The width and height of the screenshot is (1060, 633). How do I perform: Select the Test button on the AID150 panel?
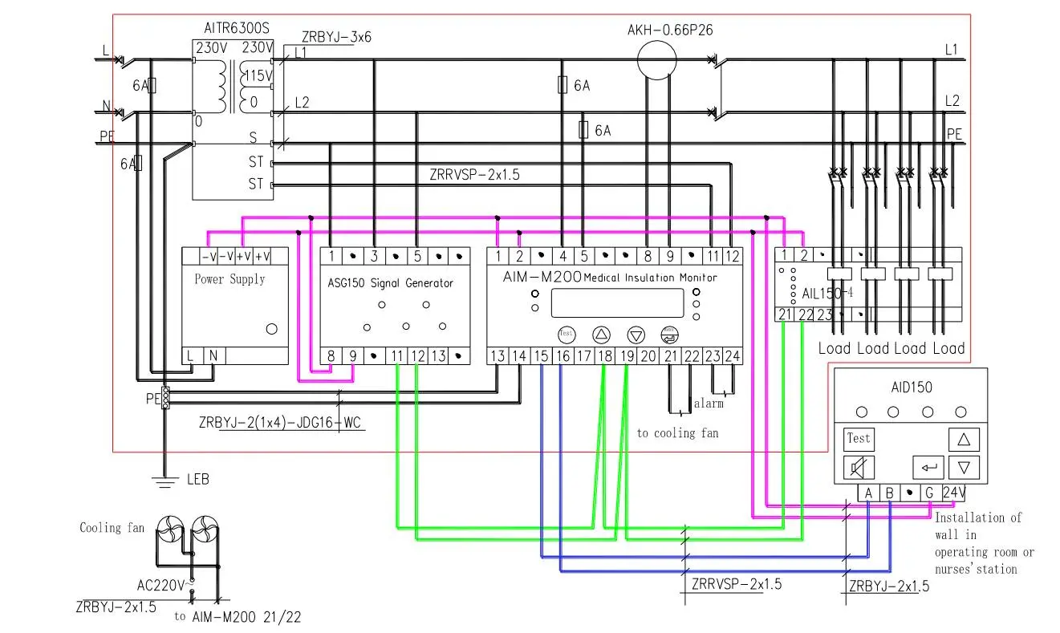click(858, 439)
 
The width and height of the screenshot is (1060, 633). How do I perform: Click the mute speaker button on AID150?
click(858, 466)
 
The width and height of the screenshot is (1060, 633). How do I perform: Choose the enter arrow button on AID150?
click(928, 466)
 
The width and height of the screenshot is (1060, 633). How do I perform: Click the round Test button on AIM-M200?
click(567, 334)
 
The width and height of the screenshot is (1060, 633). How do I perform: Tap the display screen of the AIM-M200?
click(618, 302)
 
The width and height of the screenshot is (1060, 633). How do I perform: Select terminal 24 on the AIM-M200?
click(731, 356)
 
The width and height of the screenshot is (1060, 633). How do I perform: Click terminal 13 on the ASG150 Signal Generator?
click(437, 356)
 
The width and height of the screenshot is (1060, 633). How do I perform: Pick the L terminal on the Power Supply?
click(191, 355)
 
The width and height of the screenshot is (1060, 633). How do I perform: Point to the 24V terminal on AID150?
click(953, 493)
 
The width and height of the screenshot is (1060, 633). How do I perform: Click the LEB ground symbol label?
click(197, 479)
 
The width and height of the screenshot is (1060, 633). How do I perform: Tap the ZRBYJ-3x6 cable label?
click(336, 37)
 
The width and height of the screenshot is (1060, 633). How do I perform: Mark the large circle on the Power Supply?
click(271, 329)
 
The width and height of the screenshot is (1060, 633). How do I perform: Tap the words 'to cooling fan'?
click(677, 433)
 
